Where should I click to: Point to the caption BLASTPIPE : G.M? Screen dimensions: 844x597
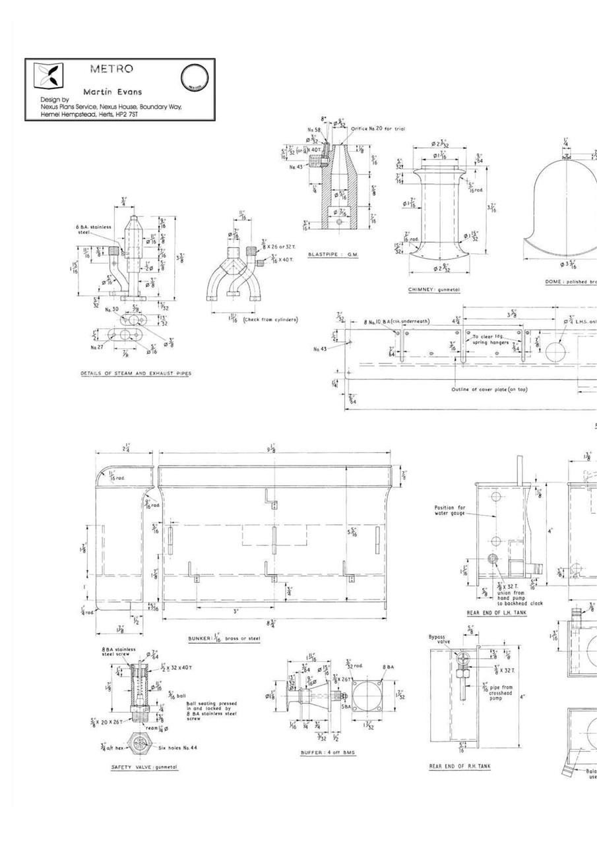333,255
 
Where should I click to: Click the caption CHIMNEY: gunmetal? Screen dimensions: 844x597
433,289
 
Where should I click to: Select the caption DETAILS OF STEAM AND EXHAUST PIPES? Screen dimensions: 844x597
136,373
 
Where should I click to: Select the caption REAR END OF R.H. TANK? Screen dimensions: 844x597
460,766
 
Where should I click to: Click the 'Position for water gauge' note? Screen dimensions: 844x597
450,511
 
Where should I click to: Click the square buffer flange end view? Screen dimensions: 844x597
367,693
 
